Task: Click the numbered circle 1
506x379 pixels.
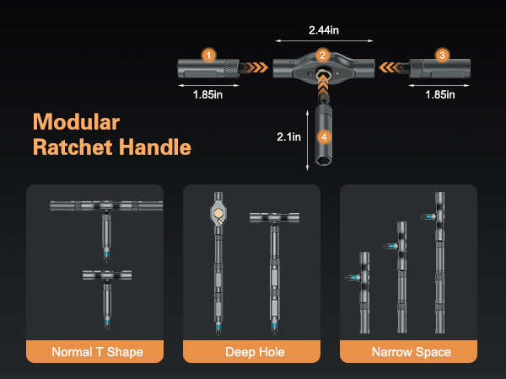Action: point(208,55)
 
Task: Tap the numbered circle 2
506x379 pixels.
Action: point(322,55)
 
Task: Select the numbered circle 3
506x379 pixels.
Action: point(442,55)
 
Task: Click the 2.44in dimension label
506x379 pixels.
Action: point(321,29)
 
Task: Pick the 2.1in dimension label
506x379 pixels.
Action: point(289,135)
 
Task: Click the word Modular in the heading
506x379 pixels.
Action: point(77,120)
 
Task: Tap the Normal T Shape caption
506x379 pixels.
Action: point(97,351)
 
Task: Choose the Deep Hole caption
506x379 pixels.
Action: point(255,351)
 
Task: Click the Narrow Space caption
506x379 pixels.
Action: point(411,351)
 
